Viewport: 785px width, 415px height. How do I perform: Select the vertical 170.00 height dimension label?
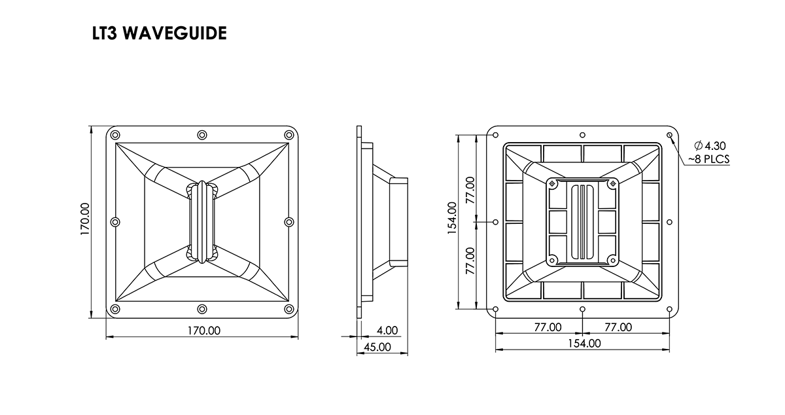tap(85, 221)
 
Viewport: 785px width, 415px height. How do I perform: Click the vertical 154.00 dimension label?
tap(451, 221)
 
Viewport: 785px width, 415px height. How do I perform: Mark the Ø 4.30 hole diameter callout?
tap(710, 145)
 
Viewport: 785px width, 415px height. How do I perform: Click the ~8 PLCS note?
tap(708, 158)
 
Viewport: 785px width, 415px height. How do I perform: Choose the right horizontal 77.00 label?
tap(617, 327)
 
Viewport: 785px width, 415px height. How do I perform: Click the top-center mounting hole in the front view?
tap(202, 135)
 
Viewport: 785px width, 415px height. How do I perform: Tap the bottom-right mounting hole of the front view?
tap(288, 309)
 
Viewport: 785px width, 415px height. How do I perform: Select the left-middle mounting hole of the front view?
tap(116, 222)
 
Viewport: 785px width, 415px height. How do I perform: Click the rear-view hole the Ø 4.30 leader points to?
tap(669, 135)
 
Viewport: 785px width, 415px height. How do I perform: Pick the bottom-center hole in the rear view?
tap(582, 309)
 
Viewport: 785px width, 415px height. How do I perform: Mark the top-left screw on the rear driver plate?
tap(553, 183)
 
